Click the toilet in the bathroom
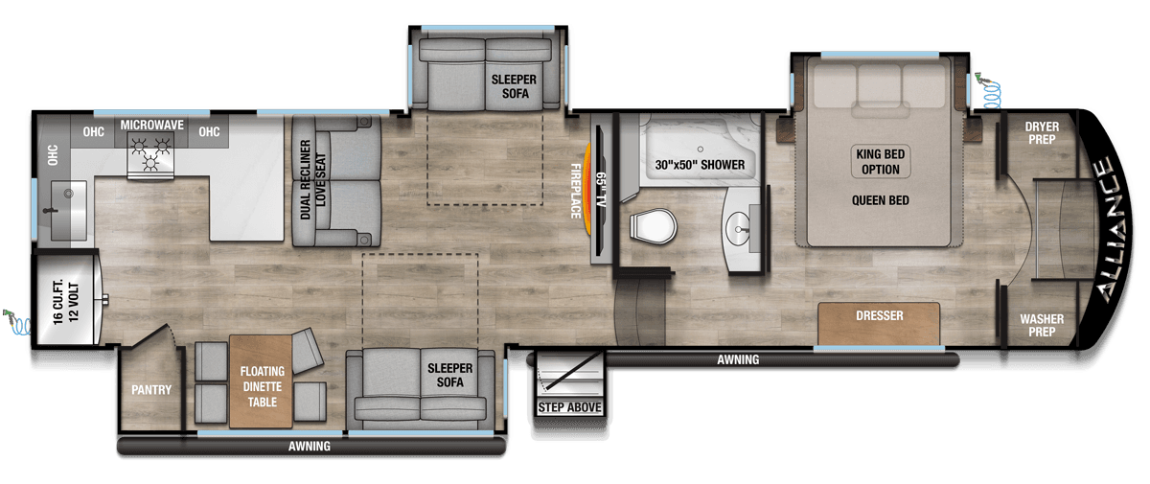click(x=655, y=227)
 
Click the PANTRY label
click(x=151, y=390)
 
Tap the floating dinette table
click(x=261, y=380)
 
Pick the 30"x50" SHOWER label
click(x=700, y=165)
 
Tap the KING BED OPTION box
click(x=880, y=162)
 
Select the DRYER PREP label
click(x=1041, y=132)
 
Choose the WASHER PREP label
click(x=1041, y=325)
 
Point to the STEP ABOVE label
click(x=569, y=408)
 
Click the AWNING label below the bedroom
click(x=738, y=360)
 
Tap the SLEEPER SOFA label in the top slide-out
click(x=514, y=86)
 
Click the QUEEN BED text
click(x=880, y=200)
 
